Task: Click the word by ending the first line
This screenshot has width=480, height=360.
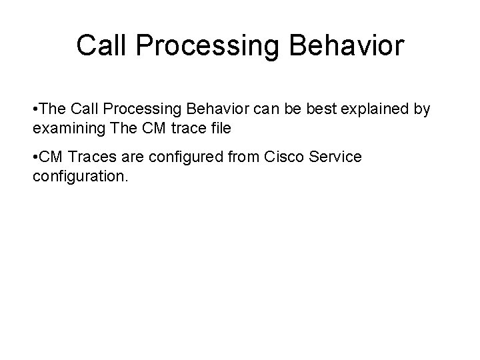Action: [423, 109]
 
